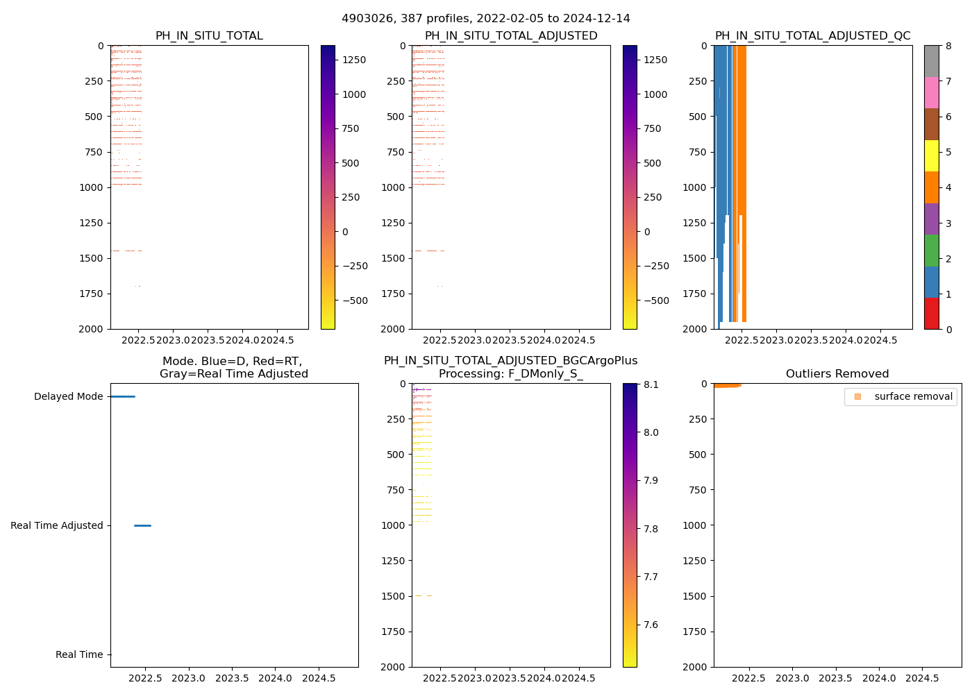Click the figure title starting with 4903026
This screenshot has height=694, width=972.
pyautogui.click(x=485, y=18)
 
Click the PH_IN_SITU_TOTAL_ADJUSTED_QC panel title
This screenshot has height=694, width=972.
pyautogui.click(x=812, y=35)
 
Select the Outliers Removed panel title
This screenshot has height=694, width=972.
pyautogui.click(x=837, y=373)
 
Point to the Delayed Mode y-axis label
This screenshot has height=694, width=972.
pyautogui.click(x=68, y=396)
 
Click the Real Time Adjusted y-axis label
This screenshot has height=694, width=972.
pyautogui.click(x=56, y=525)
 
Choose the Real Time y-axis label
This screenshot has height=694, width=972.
pyautogui.click(x=79, y=654)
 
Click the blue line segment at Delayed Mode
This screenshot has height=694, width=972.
pyautogui.click(x=122, y=396)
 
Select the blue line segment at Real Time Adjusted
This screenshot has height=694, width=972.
pyautogui.click(x=142, y=525)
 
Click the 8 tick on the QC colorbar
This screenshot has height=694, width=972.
pyautogui.click(x=948, y=46)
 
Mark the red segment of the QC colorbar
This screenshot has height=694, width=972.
pyautogui.click(x=931, y=313)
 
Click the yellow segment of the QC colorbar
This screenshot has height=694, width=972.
pyautogui.click(x=931, y=155)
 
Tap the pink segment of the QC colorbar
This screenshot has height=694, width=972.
pyautogui.click(x=931, y=92)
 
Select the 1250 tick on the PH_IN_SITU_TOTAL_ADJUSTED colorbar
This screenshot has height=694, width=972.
pyautogui.click(x=655, y=60)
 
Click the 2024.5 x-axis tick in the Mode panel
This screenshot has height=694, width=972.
pyautogui.click(x=319, y=678)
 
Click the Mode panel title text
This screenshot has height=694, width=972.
pyautogui.click(x=233, y=367)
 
